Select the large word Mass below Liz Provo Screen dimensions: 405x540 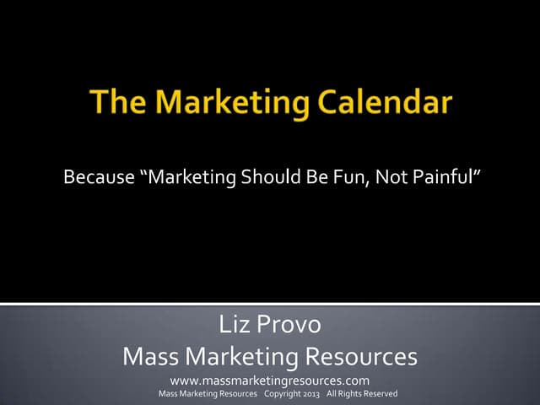click(x=150, y=357)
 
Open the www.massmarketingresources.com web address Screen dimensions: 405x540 click(x=269, y=381)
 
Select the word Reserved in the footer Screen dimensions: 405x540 click(x=380, y=394)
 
